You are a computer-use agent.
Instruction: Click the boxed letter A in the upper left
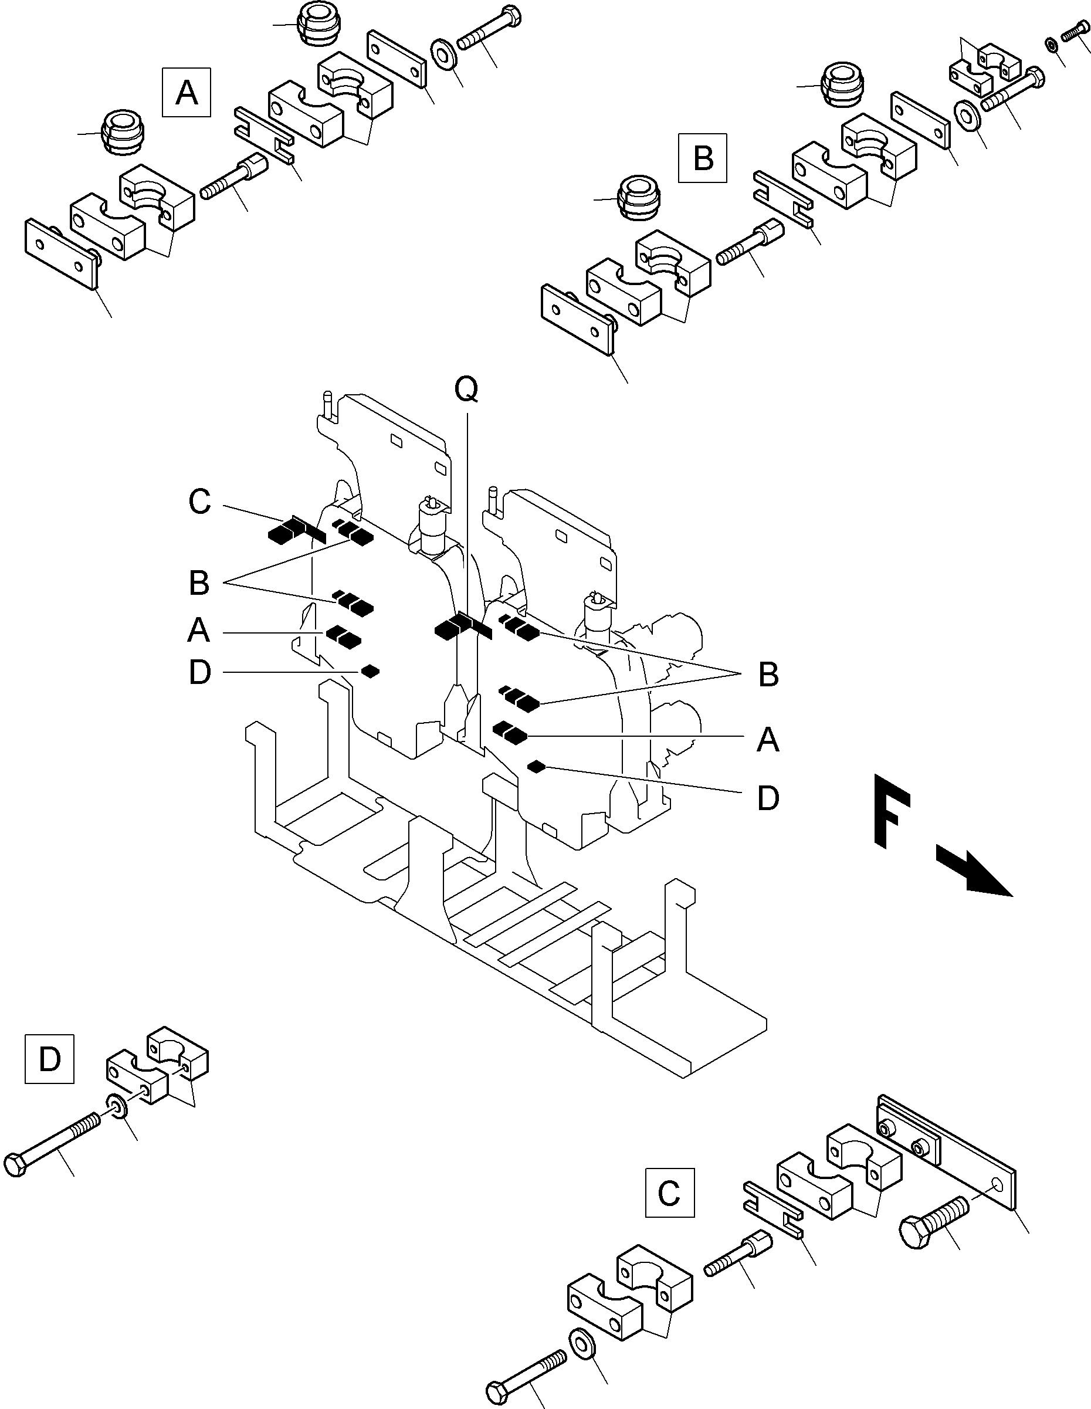click(x=187, y=92)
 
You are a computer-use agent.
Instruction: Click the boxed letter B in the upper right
click(x=703, y=158)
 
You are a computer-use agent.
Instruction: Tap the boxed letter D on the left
click(x=50, y=1059)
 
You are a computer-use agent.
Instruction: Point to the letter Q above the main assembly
click(x=466, y=389)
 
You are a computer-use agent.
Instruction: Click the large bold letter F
click(x=892, y=810)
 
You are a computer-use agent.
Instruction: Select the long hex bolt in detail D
click(x=52, y=1146)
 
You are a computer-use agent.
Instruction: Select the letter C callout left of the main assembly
click(x=199, y=502)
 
